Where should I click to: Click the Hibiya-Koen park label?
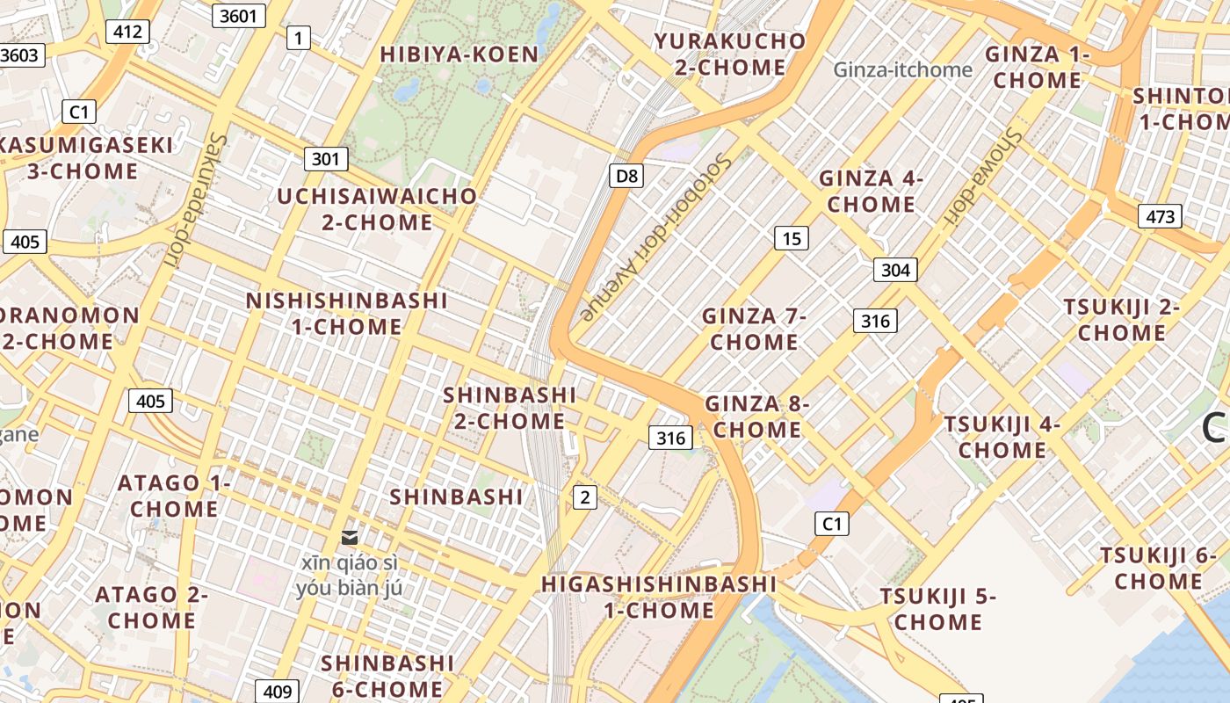click(x=459, y=54)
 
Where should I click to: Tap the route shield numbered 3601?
click(x=238, y=15)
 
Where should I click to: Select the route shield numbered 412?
click(x=127, y=33)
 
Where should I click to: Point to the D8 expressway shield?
click(x=626, y=176)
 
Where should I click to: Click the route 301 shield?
click(x=326, y=159)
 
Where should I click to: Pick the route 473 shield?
click(x=1160, y=216)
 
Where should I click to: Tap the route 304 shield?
click(x=895, y=270)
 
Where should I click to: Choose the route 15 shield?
click(x=792, y=238)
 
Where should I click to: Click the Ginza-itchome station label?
click(x=902, y=69)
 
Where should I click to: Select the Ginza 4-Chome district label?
click(x=871, y=192)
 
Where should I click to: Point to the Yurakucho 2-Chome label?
click(x=730, y=54)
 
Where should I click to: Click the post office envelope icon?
click(x=350, y=537)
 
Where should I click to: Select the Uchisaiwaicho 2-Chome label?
click(x=377, y=209)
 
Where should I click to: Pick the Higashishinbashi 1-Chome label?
click(x=659, y=597)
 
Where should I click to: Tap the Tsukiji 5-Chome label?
click(x=938, y=609)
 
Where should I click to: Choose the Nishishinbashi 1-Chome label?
click(x=347, y=314)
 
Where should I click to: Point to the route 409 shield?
click(x=277, y=692)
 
